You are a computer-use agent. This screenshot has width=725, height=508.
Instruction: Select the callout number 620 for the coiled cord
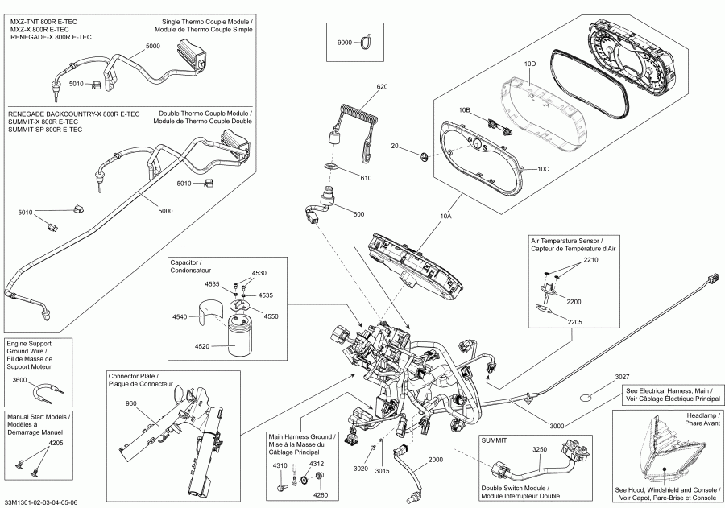382,86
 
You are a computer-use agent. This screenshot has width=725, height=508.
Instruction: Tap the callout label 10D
529,63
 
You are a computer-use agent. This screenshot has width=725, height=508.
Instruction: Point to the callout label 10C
543,170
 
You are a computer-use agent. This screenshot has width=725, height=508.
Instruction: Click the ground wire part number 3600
20,380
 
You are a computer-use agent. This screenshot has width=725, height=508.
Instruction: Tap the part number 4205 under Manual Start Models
56,444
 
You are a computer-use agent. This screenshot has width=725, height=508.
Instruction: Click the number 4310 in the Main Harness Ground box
280,465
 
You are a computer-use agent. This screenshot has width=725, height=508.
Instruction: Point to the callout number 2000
435,460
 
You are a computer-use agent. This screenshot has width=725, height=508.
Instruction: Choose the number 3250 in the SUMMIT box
539,449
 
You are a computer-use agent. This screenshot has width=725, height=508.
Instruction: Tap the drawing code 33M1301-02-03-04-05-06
41,502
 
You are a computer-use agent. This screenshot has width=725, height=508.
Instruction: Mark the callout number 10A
445,217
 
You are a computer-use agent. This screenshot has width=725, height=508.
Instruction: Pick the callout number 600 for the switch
358,213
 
